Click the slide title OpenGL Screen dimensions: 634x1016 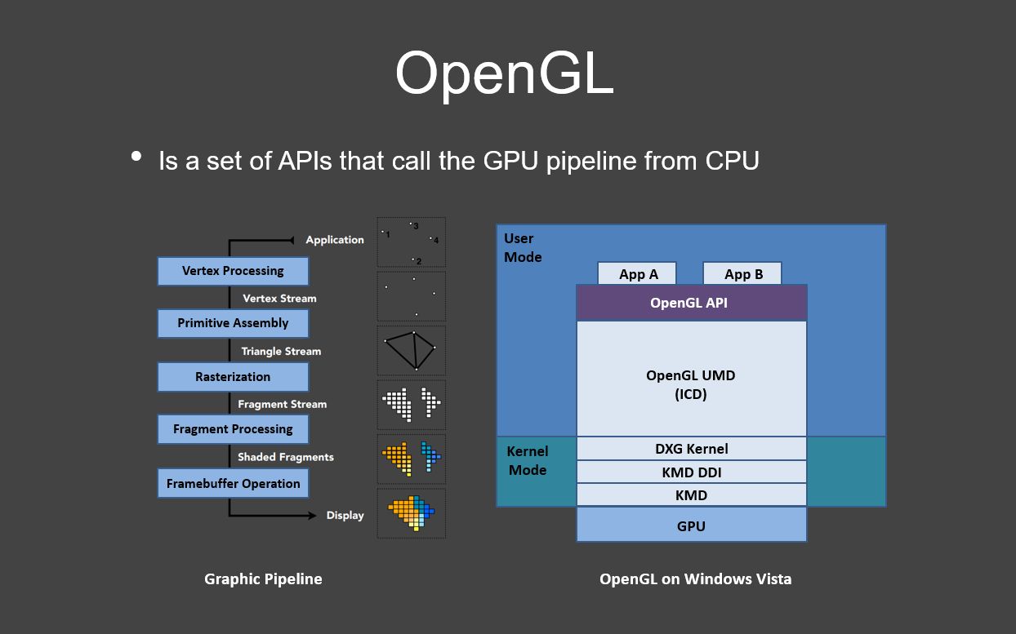pyautogui.click(x=504, y=73)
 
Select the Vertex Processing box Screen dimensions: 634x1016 pyautogui.click(x=233, y=271)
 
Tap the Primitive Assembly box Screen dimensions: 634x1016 pyautogui.click(x=233, y=323)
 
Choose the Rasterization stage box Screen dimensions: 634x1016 pyautogui.click(x=233, y=377)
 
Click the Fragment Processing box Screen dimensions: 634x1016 pyautogui.click(x=233, y=429)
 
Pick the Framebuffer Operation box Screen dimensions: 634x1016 pyautogui.click(x=233, y=483)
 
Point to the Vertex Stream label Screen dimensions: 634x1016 pyautogui.click(x=279, y=299)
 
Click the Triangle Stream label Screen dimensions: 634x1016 pyautogui.click(x=281, y=352)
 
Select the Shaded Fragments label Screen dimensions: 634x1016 pyautogui.click(x=285, y=457)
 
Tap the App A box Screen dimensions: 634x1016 pyautogui.click(x=638, y=273)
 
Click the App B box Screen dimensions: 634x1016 pyautogui.click(x=742, y=273)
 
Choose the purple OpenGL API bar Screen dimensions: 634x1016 pyautogui.click(x=691, y=303)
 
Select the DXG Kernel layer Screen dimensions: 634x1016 pyautogui.click(x=691, y=449)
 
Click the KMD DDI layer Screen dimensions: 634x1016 pyautogui.click(x=691, y=472)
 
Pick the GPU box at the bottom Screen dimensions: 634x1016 pyautogui.click(x=691, y=525)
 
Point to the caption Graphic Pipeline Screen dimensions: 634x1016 pyautogui.click(x=263, y=579)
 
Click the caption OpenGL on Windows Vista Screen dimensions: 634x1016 pyautogui.click(x=695, y=579)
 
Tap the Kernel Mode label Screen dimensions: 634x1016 pyautogui.click(x=528, y=460)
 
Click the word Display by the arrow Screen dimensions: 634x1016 pyautogui.click(x=345, y=516)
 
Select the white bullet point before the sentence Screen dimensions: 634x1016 pyautogui.click(x=136, y=156)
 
